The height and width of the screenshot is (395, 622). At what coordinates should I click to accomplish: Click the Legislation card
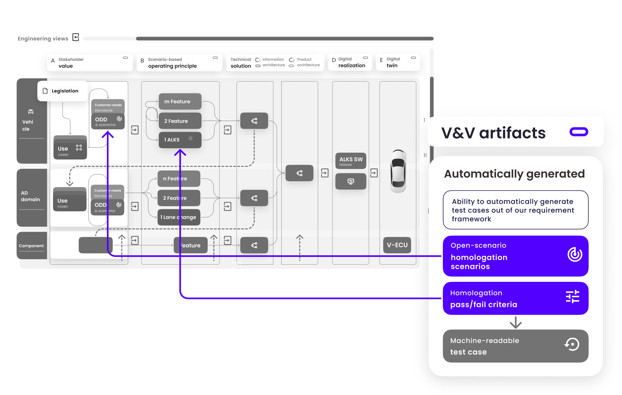[x=63, y=91]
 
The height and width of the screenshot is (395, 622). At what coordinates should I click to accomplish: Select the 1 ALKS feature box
[x=180, y=140]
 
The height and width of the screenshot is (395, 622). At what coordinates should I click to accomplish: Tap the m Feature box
[x=180, y=102]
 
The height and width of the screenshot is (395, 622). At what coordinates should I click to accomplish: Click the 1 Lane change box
[x=179, y=217]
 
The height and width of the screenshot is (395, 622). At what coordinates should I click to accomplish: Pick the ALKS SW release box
[x=351, y=161]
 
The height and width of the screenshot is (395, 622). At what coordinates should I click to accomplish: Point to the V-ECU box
[x=397, y=245]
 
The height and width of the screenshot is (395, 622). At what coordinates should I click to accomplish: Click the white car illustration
[x=398, y=171]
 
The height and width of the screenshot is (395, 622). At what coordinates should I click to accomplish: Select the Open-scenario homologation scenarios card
[x=515, y=256]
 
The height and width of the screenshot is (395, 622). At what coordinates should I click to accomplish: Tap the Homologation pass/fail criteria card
[x=515, y=298]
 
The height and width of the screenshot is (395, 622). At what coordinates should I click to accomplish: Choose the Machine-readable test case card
[x=515, y=346]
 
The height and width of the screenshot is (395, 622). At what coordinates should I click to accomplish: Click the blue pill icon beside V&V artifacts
[x=579, y=132]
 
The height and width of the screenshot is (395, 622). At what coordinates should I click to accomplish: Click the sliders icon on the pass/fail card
[x=572, y=297]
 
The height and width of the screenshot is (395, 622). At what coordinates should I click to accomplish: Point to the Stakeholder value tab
[x=90, y=62]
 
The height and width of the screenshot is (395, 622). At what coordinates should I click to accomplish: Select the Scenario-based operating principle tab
[x=179, y=62]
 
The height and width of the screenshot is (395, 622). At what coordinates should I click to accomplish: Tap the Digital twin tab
[x=398, y=62]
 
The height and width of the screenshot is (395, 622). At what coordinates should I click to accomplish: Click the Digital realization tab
[x=350, y=62]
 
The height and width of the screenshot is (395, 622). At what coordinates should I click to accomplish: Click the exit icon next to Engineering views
[x=76, y=38]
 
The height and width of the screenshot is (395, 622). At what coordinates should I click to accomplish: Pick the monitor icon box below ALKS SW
[x=351, y=181]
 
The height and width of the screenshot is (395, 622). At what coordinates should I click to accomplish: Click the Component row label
[x=31, y=246]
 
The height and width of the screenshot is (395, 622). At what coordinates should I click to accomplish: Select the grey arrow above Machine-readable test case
[x=515, y=323]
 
